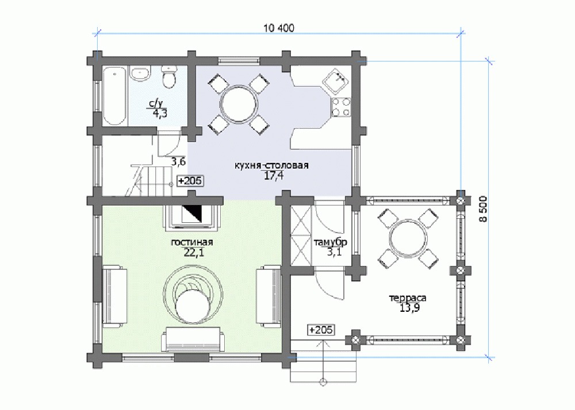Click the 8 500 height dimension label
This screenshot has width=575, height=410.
click(x=484, y=209)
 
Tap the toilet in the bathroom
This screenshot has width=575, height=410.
click(x=169, y=78)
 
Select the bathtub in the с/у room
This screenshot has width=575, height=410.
click(x=114, y=96)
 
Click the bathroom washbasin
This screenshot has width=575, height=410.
click(x=141, y=74)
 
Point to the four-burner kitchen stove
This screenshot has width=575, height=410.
click(x=340, y=107)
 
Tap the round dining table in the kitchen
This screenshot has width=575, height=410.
click(x=238, y=103)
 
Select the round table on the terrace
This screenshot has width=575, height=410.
click(x=408, y=238)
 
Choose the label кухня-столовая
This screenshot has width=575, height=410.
click(x=271, y=165)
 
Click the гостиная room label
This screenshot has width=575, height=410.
click(x=192, y=242)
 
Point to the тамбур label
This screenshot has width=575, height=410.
click(x=331, y=242)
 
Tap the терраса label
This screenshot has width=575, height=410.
click(x=408, y=299)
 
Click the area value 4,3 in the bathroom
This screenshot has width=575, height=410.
click(x=160, y=113)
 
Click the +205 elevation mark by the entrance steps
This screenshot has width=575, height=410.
click(x=321, y=330)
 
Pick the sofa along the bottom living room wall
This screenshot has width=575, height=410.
click(x=192, y=340)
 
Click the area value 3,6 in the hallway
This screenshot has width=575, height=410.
click(x=179, y=161)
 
